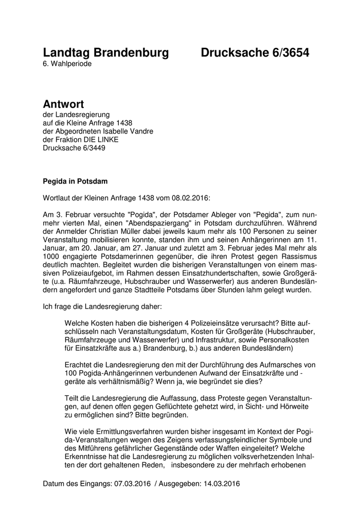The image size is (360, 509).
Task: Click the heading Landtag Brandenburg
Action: pyautogui.click(x=105, y=53)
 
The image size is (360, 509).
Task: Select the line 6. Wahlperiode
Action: pyautogui.click(x=67, y=64)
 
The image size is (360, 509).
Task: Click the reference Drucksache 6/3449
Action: pyautogui.click(x=75, y=148)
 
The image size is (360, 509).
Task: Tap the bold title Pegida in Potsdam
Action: pyautogui.click(x=75, y=181)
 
